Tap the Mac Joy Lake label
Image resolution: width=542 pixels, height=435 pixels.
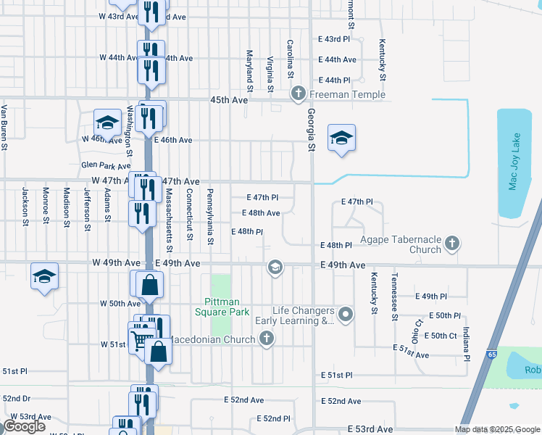click(x=514, y=161)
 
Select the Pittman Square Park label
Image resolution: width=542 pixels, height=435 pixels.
click(x=222, y=307)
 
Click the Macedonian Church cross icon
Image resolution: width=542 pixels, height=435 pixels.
click(x=267, y=339)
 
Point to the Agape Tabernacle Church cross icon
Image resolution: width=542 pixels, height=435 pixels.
click(x=452, y=243)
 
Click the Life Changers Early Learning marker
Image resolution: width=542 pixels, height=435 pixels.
click(x=346, y=315)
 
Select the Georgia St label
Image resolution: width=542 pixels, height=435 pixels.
click(x=312, y=130)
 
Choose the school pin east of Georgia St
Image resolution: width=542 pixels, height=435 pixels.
click(x=341, y=138)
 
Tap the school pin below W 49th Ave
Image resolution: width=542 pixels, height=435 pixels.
click(x=44, y=275)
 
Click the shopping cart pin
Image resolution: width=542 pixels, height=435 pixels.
click(x=140, y=339)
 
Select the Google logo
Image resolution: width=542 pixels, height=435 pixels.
click(x=24, y=426)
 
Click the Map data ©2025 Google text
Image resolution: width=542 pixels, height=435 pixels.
click(x=496, y=429)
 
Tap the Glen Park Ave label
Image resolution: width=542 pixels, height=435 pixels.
click(x=106, y=166)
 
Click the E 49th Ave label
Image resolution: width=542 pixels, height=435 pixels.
click(x=343, y=266)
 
